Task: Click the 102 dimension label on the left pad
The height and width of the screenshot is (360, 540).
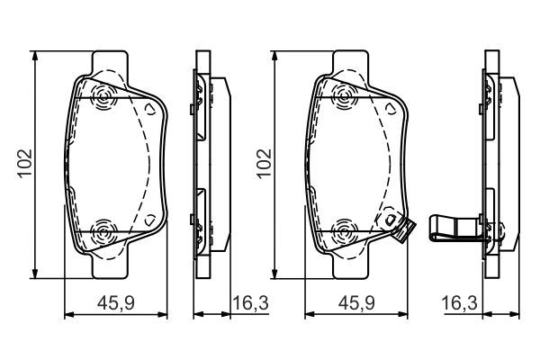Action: [25, 164]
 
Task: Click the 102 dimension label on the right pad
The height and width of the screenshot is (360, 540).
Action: [264, 164]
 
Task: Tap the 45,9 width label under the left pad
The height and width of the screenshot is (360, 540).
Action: [116, 303]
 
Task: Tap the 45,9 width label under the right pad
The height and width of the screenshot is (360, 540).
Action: [355, 303]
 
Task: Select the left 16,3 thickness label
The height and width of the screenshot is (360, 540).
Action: [250, 303]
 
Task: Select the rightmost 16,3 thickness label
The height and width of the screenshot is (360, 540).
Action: [459, 303]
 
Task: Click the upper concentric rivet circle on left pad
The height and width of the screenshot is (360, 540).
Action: [103, 98]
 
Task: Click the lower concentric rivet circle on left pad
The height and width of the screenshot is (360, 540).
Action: [103, 232]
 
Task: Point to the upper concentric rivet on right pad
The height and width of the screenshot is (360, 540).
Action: [344, 98]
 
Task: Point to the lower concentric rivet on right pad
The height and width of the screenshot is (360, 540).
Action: [344, 232]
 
